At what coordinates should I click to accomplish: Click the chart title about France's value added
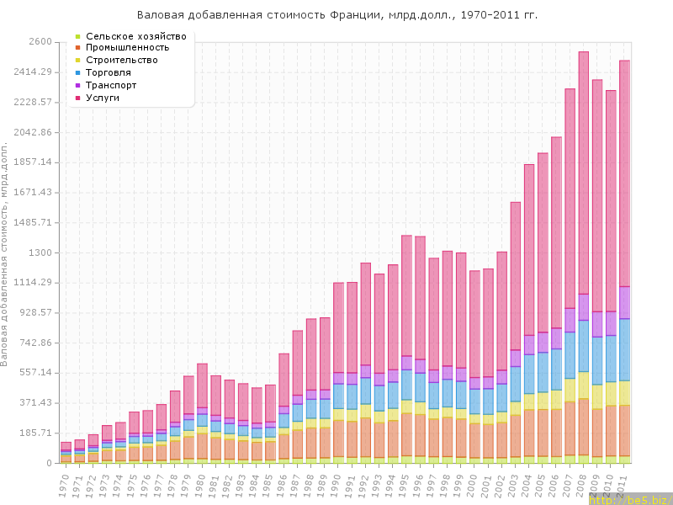(x=336, y=15)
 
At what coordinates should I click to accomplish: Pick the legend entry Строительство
(x=122, y=60)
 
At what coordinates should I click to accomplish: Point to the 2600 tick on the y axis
(x=40, y=41)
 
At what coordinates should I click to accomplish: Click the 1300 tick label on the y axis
(x=40, y=252)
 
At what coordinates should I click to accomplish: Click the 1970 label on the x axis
(x=65, y=483)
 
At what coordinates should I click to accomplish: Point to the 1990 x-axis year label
(x=337, y=483)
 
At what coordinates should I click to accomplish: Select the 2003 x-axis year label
(x=515, y=483)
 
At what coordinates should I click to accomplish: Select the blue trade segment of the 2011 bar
(x=624, y=349)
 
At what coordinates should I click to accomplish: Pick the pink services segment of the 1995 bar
(x=406, y=295)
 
